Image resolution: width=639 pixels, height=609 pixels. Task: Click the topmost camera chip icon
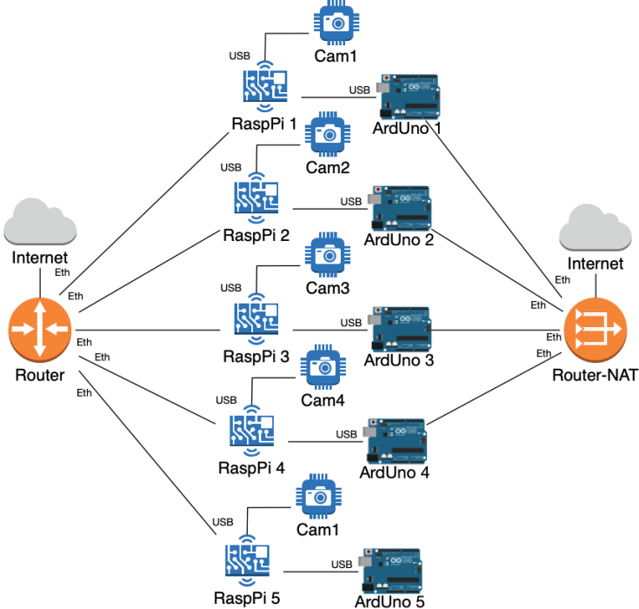click(336, 23)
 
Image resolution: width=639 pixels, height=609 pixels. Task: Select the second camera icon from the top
click(327, 134)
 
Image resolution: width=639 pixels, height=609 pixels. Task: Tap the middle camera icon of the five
click(327, 254)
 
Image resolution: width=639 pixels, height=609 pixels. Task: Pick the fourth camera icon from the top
click(323, 366)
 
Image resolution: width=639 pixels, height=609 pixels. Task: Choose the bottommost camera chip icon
click(318, 497)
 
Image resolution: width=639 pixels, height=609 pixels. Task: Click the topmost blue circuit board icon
click(265, 86)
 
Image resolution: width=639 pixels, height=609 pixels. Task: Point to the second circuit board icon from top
click(256, 197)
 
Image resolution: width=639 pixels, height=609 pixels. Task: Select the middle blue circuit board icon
click(256, 318)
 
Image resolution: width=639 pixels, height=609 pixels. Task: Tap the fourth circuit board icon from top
click(252, 430)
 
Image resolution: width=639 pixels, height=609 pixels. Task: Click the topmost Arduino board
click(409, 97)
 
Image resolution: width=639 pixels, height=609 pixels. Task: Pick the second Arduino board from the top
click(400, 208)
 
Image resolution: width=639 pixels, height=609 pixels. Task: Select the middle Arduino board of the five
click(400, 329)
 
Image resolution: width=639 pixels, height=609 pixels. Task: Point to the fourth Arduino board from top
click(396, 442)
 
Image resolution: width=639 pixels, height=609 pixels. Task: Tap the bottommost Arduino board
click(390, 571)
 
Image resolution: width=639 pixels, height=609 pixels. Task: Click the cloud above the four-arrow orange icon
click(40, 222)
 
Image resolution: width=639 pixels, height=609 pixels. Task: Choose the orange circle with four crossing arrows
click(40, 329)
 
